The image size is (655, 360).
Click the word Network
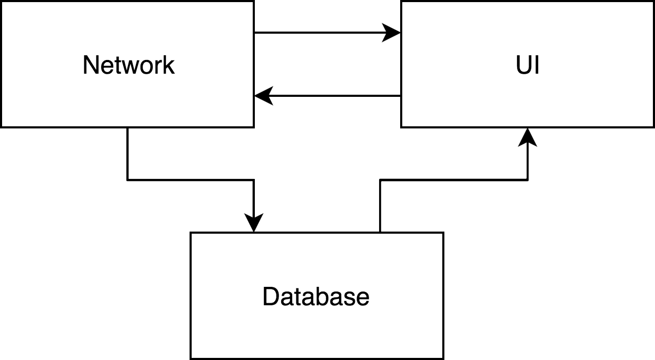[x=128, y=65]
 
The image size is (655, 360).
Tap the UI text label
[x=528, y=65]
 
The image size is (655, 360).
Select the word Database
[x=316, y=296]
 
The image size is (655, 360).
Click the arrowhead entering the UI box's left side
[x=392, y=33]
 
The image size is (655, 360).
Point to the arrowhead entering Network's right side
[x=263, y=96]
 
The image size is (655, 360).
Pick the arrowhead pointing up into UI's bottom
[x=528, y=136]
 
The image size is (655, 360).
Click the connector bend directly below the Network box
[x=127, y=180]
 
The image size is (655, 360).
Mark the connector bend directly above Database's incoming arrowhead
[x=254, y=180]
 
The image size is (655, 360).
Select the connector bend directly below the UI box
[x=528, y=180]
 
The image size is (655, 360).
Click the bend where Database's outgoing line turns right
[x=380, y=180]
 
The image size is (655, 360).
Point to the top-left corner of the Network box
[x=1, y=1]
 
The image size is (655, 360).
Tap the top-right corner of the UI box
[x=653, y=1]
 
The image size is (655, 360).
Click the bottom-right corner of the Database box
[x=443, y=358]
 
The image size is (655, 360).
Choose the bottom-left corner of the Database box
[x=191, y=358]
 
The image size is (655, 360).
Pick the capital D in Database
[x=270, y=296]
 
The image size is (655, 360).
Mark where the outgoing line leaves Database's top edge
[x=380, y=232]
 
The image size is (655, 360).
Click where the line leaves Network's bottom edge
[x=127, y=127]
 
